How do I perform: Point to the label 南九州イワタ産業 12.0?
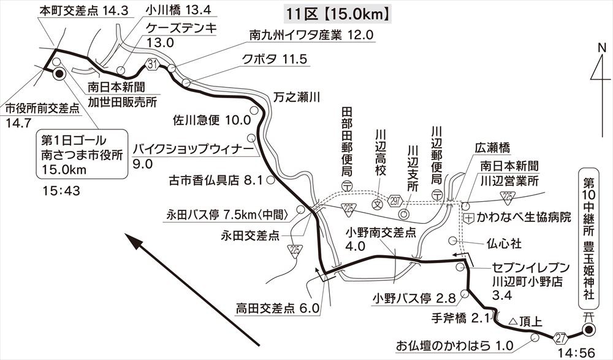click(x=311, y=35)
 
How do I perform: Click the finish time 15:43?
click(x=62, y=191)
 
